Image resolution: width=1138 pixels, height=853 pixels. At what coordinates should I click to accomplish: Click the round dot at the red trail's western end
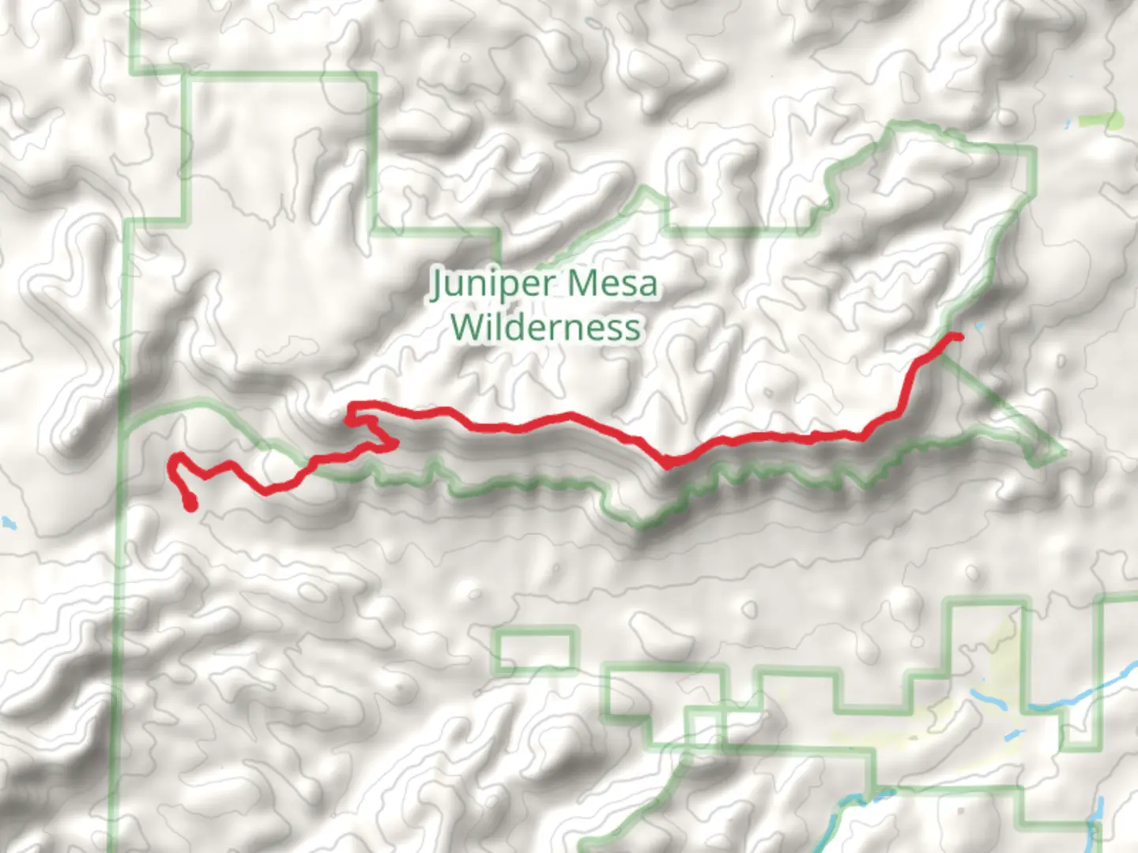coord(190,505)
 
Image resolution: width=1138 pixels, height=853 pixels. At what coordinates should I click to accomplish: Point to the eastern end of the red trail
coord(959,337)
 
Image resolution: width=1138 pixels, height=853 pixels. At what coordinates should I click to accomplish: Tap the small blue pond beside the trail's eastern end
coord(980,326)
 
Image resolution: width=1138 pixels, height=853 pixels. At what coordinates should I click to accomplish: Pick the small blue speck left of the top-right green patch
coord(1068,122)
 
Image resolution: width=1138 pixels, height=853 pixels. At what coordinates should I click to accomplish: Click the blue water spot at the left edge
coord(8,522)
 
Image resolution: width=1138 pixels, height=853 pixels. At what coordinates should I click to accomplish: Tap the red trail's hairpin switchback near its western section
coord(392,444)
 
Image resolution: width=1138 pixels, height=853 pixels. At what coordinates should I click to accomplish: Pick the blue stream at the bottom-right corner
coord(1098,821)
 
